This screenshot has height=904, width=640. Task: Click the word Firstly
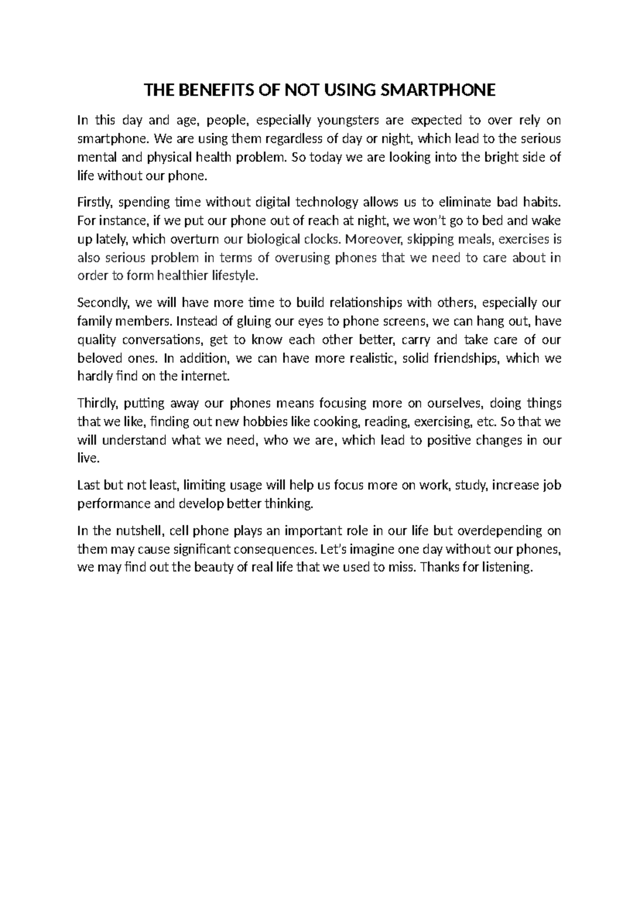(x=95, y=203)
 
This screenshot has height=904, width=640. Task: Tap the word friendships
(x=466, y=358)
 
